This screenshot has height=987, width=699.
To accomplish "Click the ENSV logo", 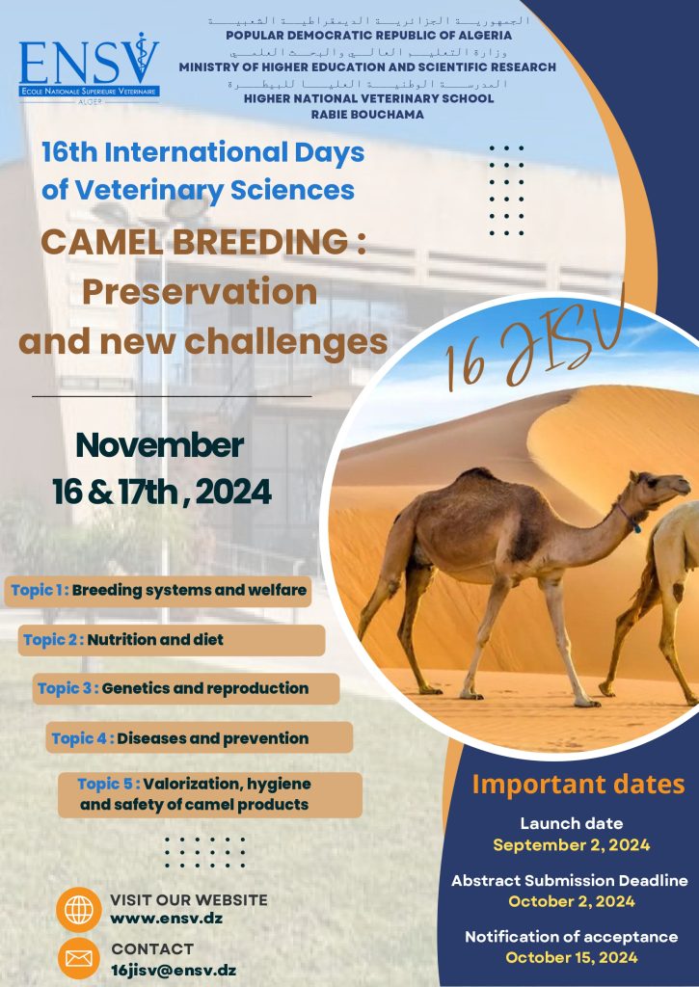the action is (89, 68).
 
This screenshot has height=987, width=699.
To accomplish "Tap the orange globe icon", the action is (79, 909).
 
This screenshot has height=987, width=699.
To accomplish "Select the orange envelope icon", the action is (79, 959).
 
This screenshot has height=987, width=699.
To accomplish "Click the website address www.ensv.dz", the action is (166, 919).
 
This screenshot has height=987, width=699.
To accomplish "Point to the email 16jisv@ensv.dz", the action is (174, 970).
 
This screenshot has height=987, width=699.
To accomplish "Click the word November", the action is (159, 445).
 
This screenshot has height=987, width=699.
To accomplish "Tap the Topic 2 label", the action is (53, 640).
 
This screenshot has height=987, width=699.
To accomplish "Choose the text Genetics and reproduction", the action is (205, 688).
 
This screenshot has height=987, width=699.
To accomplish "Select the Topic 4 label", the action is (83, 738).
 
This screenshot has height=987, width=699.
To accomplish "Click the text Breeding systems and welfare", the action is (189, 591).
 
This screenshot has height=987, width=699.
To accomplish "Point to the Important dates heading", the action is (578, 785).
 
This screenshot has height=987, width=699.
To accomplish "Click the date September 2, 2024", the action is (571, 844).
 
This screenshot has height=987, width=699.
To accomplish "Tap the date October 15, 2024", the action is (571, 958).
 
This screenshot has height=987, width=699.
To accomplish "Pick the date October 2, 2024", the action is (571, 901).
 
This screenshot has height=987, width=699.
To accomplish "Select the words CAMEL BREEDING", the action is (194, 242).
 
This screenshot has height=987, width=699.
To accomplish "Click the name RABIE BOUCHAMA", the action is (367, 115).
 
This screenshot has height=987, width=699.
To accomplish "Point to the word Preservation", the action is (200, 292).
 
